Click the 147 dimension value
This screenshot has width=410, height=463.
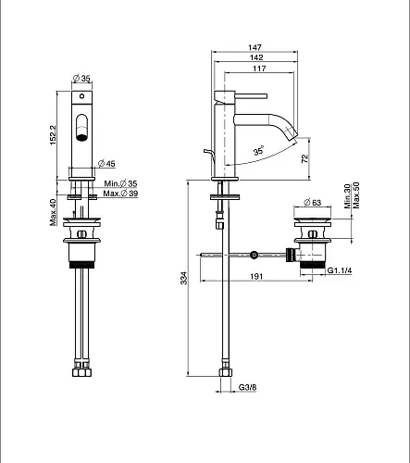click(255, 47)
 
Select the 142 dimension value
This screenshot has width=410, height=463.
click(256, 57)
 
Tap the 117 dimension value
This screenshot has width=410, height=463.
click(259, 69)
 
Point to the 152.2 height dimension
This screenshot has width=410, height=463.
click(54, 135)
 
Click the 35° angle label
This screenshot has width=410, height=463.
click(258, 151)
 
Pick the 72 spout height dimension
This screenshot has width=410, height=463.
click(304, 158)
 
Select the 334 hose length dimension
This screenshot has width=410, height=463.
click(183, 278)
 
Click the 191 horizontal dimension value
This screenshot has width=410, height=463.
click(256, 276)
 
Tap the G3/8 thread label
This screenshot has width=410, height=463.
click(247, 387)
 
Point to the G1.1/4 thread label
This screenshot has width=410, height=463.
click(340, 270)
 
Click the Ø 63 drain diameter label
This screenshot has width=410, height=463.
click(313, 203)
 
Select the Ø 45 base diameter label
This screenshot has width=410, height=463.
click(106, 163)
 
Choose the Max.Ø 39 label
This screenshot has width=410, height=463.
click(120, 194)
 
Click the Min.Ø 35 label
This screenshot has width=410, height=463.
click(120, 183)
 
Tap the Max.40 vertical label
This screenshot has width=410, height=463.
click(54, 212)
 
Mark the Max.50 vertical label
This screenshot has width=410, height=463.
click(356, 195)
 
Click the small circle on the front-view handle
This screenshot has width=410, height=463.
click(81, 96)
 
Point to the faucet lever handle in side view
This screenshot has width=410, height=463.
click(251, 96)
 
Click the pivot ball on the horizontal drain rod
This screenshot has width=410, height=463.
click(254, 255)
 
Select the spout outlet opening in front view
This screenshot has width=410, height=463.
click(81, 137)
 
